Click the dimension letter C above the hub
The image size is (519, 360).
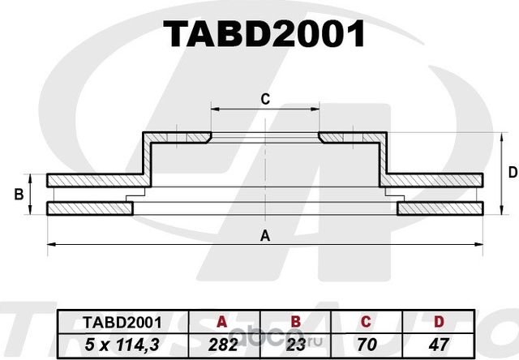click(x=264, y=99)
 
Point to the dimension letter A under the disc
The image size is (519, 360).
click(x=264, y=236)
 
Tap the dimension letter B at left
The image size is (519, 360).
click(x=18, y=194)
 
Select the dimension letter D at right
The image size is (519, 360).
click(x=512, y=172)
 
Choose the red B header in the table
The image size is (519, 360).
click(x=298, y=322)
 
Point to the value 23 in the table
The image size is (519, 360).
click(x=298, y=342)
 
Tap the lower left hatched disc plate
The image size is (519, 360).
click(x=89, y=209)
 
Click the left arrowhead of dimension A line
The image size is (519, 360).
click(x=50, y=243)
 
